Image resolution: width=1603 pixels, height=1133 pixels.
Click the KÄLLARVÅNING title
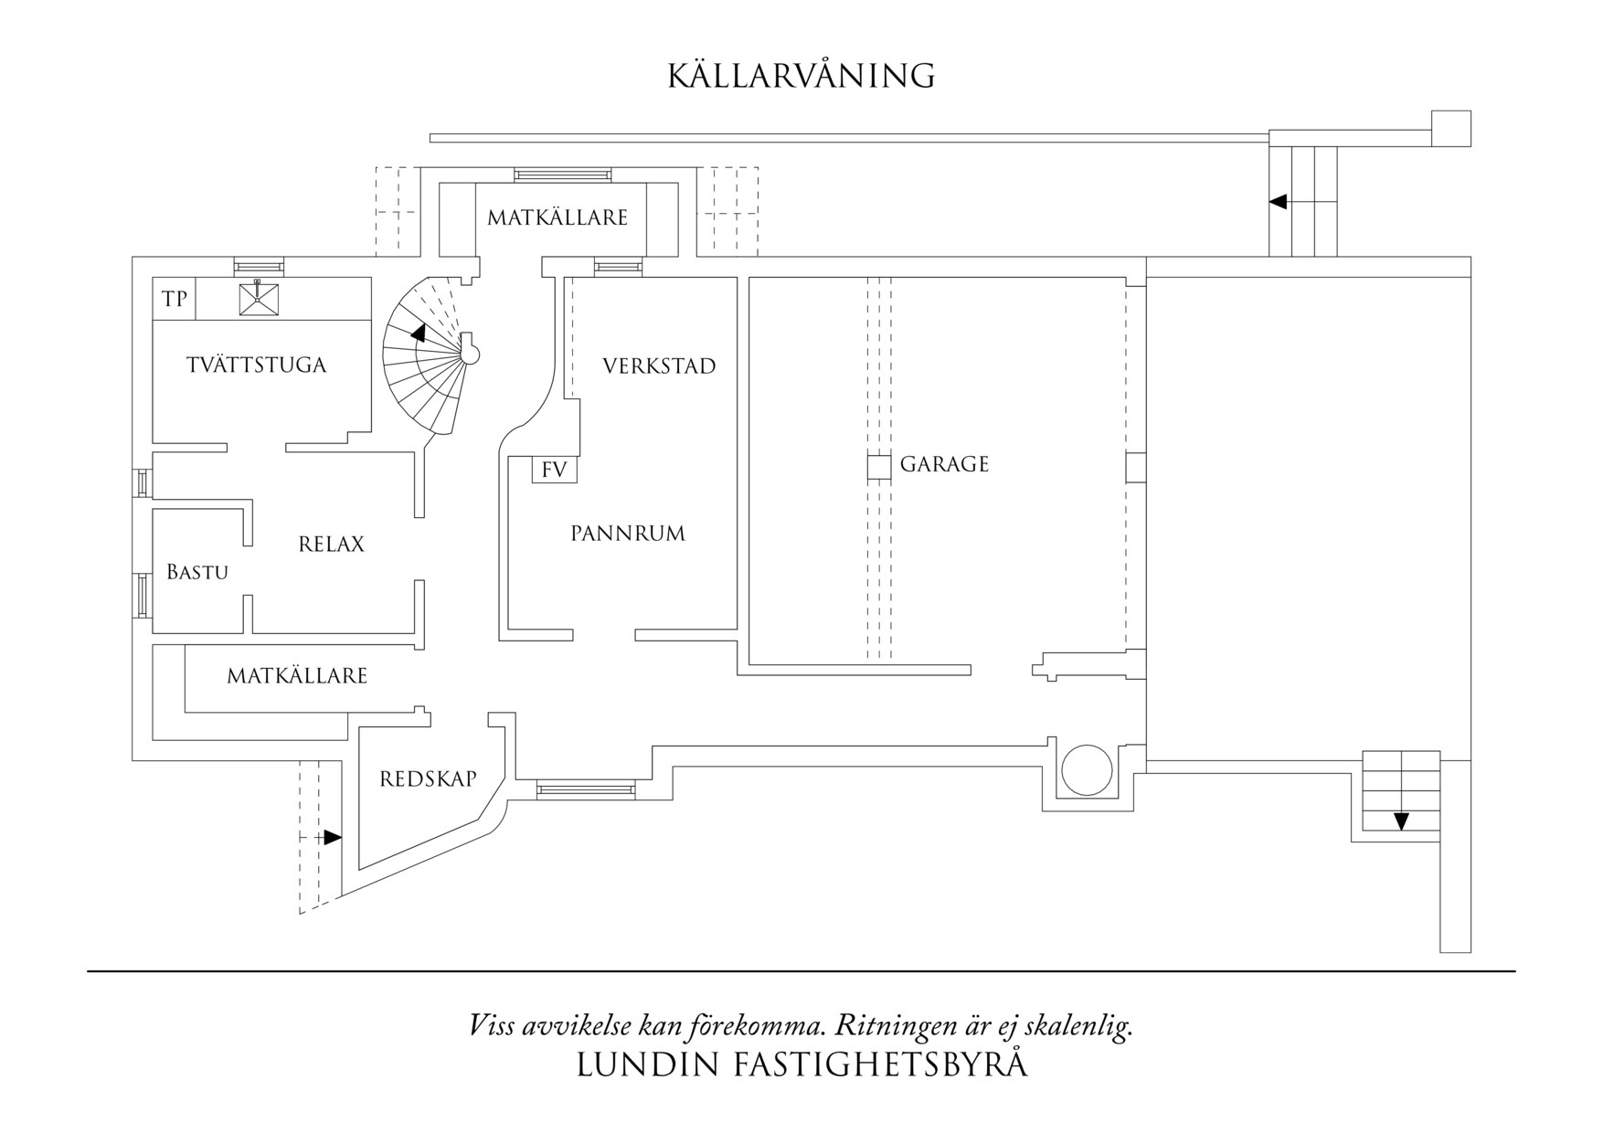801,76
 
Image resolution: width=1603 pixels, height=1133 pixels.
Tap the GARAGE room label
944,464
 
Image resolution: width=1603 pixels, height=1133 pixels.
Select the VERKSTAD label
659,366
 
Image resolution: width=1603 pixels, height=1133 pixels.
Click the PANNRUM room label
628,534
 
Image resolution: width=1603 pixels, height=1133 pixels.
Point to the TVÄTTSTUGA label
257,365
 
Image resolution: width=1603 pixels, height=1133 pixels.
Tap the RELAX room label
331,545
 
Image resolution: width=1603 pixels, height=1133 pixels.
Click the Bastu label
197,573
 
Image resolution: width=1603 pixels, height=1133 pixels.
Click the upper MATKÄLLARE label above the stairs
557,218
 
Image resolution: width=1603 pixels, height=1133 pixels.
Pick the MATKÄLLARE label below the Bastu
297,676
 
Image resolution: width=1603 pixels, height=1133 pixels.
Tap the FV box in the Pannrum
555,471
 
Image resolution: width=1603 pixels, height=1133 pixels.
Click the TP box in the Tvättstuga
175,300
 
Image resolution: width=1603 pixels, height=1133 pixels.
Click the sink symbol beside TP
259,299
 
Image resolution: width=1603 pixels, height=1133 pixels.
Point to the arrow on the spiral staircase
418,334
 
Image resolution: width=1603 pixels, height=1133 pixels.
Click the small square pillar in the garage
878,467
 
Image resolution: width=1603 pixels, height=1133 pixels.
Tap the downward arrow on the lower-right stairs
1401,821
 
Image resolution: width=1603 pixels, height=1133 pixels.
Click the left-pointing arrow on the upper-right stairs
1279,201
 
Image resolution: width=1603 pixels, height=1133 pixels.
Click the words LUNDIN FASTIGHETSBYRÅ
801,1065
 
